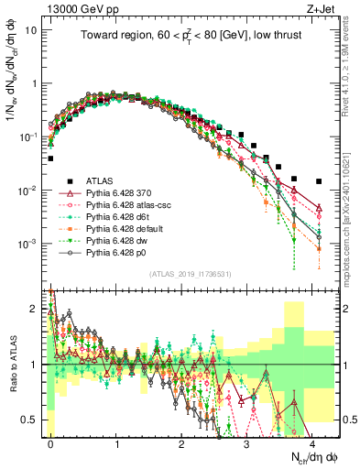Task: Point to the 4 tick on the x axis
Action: tap(311, 442)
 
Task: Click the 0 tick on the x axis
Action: tap(50, 442)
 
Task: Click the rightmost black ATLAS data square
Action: tap(319, 181)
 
